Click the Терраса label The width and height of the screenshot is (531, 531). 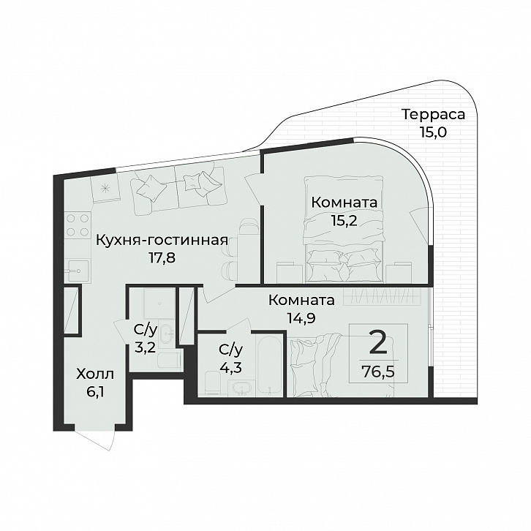pyautogui.click(x=434, y=114)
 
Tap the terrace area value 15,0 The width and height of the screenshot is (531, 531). pyautogui.click(x=433, y=132)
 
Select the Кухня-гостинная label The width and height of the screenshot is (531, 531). pyautogui.click(x=162, y=241)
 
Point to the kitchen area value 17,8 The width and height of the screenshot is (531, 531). pyautogui.click(x=162, y=258)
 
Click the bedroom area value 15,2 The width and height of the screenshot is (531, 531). pyautogui.click(x=344, y=220)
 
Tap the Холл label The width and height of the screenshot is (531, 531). pyautogui.click(x=95, y=374)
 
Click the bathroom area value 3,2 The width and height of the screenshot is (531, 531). pyautogui.click(x=145, y=347)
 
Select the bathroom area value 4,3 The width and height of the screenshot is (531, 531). pyautogui.click(x=232, y=367)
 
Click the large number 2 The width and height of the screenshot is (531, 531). pyautogui.click(x=377, y=343)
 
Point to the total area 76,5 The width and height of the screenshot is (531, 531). pyautogui.click(x=378, y=372)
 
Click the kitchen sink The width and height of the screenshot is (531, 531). pyautogui.click(x=78, y=270)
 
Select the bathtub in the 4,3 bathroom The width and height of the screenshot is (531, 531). pyautogui.click(x=270, y=362)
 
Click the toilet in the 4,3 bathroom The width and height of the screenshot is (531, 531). pyautogui.click(x=214, y=382)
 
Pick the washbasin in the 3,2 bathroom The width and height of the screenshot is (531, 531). pyautogui.click(x=167, y=334)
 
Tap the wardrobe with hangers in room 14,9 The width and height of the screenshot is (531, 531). pyautogui.click(x=383, y=297)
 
